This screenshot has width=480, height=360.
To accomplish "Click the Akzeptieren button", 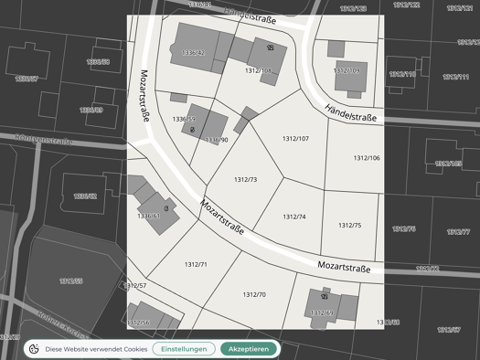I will pos(248,349).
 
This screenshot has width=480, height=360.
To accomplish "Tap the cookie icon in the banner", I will pos(34,349).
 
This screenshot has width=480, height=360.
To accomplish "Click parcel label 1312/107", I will pos(295,139).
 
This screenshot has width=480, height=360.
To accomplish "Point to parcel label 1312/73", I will pos(245,180).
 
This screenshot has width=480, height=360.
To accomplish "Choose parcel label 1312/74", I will pos(293,217).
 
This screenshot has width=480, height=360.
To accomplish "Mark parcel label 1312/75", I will pos(349,225).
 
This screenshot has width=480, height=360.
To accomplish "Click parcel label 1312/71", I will pos(196,264).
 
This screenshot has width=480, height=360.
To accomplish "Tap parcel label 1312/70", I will pos(254,295).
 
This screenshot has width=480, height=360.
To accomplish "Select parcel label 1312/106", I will pos(367,158).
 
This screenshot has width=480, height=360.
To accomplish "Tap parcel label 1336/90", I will pos(217,140).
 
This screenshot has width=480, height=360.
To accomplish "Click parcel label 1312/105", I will pos(258,70).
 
